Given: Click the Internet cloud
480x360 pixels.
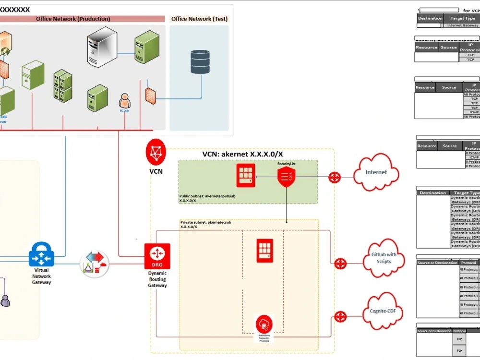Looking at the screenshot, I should tap(376, 172).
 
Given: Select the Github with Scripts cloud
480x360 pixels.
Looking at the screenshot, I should tap(384, 258).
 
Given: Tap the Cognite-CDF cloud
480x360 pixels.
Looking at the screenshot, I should tap(383, 311).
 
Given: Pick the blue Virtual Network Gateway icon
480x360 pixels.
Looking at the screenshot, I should tap(41, 254).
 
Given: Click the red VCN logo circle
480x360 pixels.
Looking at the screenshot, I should tap(156, 153).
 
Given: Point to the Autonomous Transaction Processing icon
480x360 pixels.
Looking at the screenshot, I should tap(264, 323).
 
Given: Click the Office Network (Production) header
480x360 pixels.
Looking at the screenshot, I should tap(73, 19).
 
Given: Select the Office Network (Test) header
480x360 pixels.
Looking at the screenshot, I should tap(199, 19).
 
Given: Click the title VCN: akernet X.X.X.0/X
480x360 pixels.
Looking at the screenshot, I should tap(242, 154).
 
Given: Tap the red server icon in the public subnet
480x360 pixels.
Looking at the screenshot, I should tap(246, 175).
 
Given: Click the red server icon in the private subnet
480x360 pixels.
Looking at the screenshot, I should tap(264, 251).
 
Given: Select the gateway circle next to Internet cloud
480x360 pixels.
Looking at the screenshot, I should tap(335, 177).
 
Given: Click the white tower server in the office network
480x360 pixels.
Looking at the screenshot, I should tap(102, 47).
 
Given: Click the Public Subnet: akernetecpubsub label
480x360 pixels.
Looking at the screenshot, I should tap(210, 196).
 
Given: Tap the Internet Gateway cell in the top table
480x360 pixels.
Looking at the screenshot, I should tap(462, 25).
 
